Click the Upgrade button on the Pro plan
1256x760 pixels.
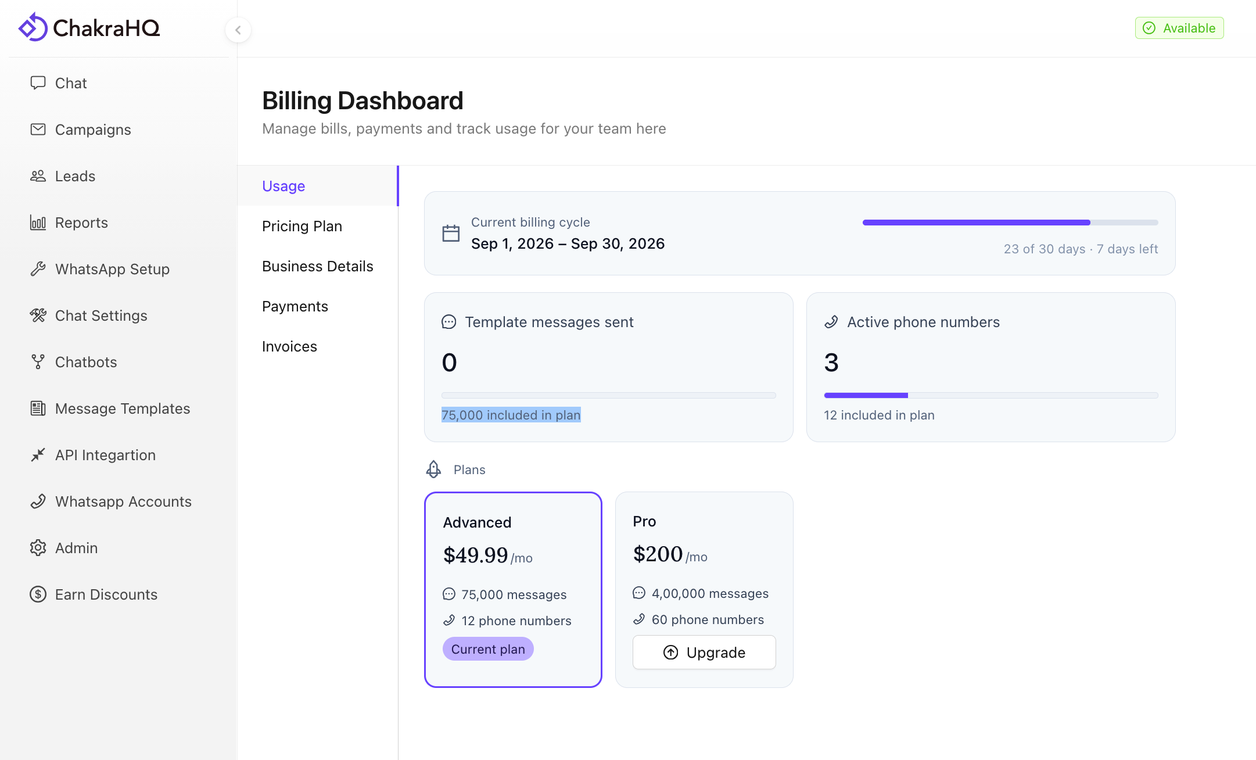[704, 653]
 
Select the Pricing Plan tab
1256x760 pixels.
[302, 226]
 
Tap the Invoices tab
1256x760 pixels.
[289, 346]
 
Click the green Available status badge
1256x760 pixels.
[1179, 28]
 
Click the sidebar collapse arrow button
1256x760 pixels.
[238, 30]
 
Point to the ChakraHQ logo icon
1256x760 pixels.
[33, 27]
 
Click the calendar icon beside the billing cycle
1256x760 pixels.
[451, 233]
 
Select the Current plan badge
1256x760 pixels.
[488, 649]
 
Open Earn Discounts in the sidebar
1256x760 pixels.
[94, 594]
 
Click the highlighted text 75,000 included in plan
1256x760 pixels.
[511, 415]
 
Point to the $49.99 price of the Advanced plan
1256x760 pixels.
[476, 555]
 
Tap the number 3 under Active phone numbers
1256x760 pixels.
[831, 363]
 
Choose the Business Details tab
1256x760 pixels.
[318, 266]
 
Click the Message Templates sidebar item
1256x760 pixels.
[110, 408]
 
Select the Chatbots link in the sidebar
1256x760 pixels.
[73, 362]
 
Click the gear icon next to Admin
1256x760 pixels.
[38, 548]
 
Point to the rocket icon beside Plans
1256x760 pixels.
[434, 469]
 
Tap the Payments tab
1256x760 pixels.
[295, 306]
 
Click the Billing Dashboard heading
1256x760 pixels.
[363, 101]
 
